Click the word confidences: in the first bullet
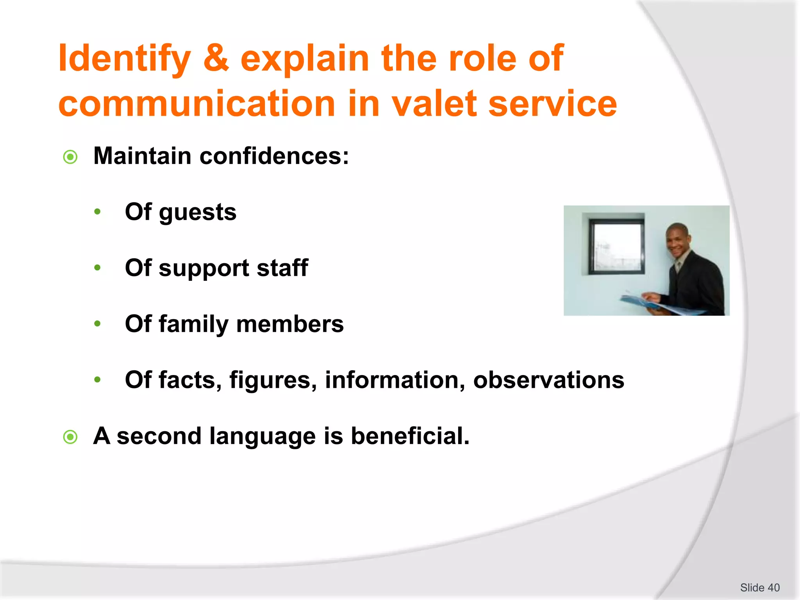pyautogui.click(x=274, y=156)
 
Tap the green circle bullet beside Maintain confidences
pyautogui.click(x=70, y=157)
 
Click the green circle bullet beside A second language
pyautogui.click(x=70, y=437)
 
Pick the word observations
pyautogui.click(x=548, y=380)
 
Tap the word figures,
pyautogui.click(x=273, y=380)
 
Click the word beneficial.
pyautogui.click(x=410, y=436)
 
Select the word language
pyautogui.click(x=262, y=437)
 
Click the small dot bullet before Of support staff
pyautogui.click(x=97, y=268)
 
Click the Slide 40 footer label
pyautogui.click(x=759, y=587)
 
